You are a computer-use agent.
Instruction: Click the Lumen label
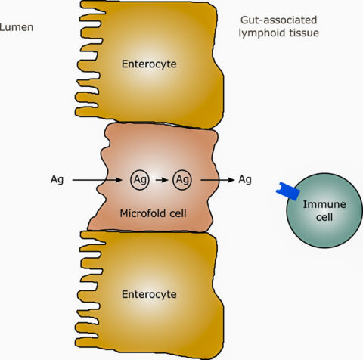tap(17, 27)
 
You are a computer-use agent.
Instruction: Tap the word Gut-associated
tap(278, 20)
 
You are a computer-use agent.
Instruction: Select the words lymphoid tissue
tap(279, 33)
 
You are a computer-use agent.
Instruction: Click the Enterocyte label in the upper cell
tap(149, 64)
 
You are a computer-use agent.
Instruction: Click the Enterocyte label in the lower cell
tap(149, 294)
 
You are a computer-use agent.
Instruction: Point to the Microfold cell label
tap(153, 213)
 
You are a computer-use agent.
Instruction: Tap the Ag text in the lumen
tap(57, 180)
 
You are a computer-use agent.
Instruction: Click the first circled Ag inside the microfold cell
tap(140, 180)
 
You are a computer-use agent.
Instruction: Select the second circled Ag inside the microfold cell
tap(182, 180)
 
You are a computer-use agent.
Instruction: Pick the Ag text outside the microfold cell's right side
tap(245, 180)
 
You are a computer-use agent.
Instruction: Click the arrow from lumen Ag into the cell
tap(97, 180)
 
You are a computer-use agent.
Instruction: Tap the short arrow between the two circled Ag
tap(162, 180)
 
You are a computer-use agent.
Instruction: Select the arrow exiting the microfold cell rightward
tap(218, 180)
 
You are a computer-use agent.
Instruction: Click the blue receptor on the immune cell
tap(288, 191)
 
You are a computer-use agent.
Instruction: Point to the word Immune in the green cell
tap(324, 204)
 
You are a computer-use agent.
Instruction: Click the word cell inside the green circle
tap(324, 217)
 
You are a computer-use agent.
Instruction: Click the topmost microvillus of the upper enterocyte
tap(93, 7)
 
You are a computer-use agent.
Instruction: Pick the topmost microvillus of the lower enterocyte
tap(93, 237)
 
